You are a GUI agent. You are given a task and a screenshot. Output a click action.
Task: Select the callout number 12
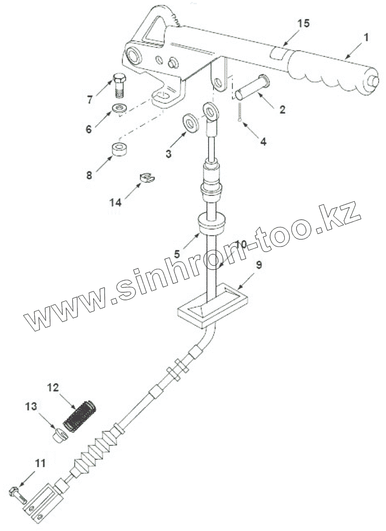53,387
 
